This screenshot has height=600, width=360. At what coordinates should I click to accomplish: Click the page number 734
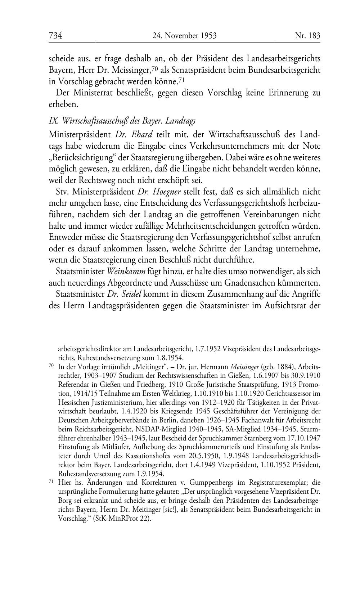(x=56, y=36)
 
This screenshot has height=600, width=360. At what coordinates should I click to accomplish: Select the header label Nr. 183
(x=307, y=36)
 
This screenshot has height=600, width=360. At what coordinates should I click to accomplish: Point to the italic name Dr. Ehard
(x=134, y=135)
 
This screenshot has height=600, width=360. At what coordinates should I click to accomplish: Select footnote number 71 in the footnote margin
(x=51, y=482)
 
